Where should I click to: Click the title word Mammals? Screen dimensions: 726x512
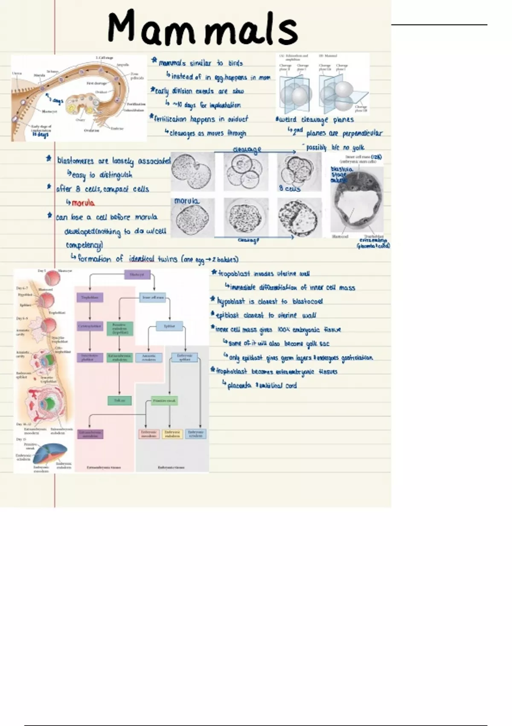(203, 27)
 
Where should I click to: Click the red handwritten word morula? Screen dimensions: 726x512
(83, 203)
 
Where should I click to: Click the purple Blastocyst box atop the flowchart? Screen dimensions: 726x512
(137, 274)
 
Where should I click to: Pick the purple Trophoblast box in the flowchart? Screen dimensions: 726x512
(90, 297)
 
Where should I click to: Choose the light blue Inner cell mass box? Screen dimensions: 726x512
(153, 297)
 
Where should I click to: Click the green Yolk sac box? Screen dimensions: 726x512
(119, 401)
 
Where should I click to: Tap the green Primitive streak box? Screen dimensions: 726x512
(164, 401)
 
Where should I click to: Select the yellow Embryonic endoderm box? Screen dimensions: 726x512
(172, 434)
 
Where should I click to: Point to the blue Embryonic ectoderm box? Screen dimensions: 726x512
(196, 434)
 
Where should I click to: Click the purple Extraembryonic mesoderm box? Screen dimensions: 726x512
(90, 434)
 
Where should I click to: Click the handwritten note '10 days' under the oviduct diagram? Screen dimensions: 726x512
(41, 135)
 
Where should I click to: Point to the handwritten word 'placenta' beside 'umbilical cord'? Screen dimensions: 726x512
(239, 386)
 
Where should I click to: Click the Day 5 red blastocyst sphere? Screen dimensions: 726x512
(53, 278)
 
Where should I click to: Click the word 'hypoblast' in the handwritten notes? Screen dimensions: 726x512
(231, 302)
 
